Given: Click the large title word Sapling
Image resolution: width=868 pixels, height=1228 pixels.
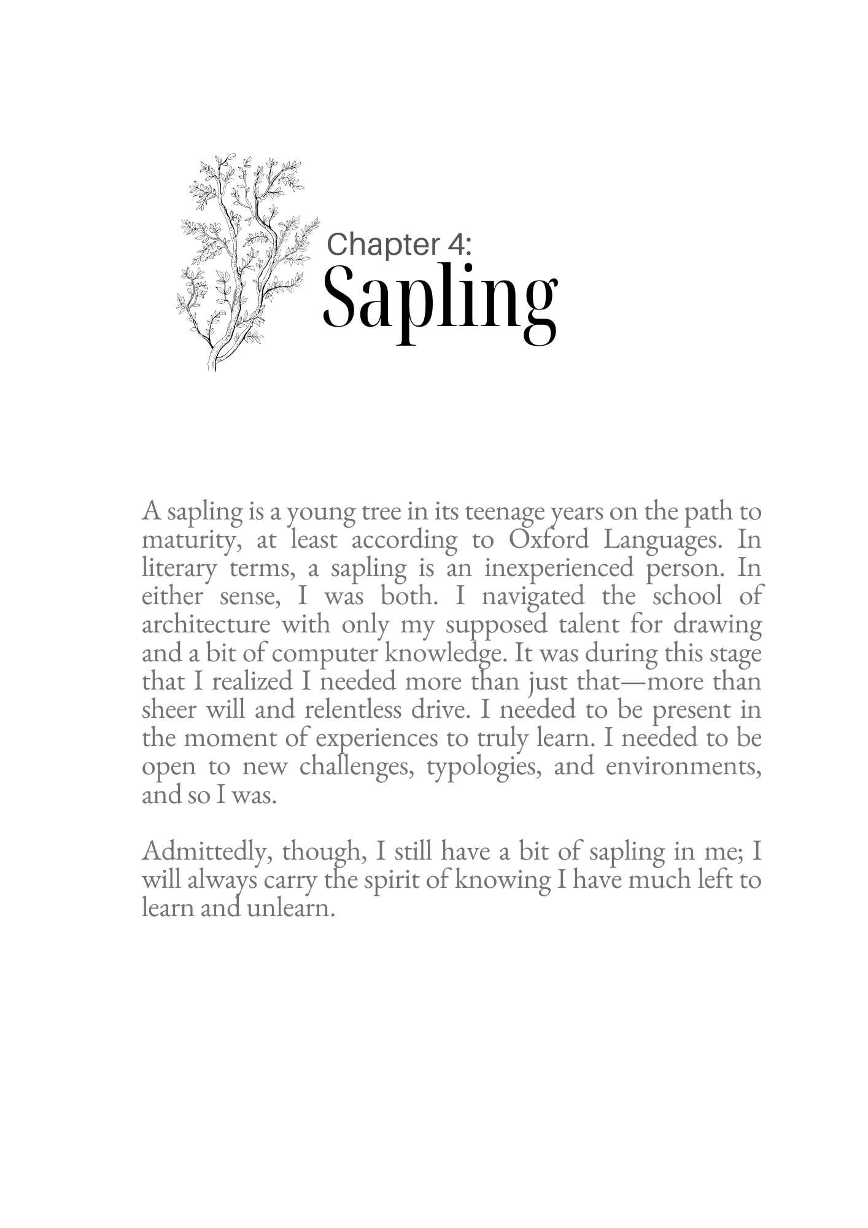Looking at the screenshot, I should click(440, 300).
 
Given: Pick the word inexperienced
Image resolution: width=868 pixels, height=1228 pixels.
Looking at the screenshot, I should click(559, 568).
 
